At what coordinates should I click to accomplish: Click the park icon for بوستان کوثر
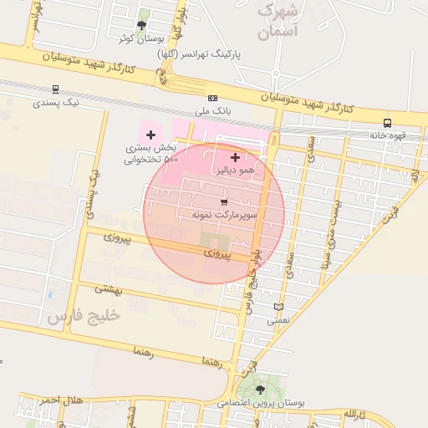[140, 25]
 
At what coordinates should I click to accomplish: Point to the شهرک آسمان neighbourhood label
[278, 21]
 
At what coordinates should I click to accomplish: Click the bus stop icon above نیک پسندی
[55, 89]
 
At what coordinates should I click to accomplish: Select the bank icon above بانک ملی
[212, 98]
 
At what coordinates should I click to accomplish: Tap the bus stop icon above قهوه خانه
[386, 123]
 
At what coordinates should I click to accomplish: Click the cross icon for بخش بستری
[150, 135]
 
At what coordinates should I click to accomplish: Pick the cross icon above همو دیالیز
[235, 156]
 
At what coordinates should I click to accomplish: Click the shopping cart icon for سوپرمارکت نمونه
[223, 202]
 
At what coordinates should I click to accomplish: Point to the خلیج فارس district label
[84, 316]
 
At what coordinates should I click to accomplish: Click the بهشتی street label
[109, 288]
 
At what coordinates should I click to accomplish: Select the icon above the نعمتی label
[278, 307]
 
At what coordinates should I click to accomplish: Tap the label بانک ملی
[212, 110]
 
